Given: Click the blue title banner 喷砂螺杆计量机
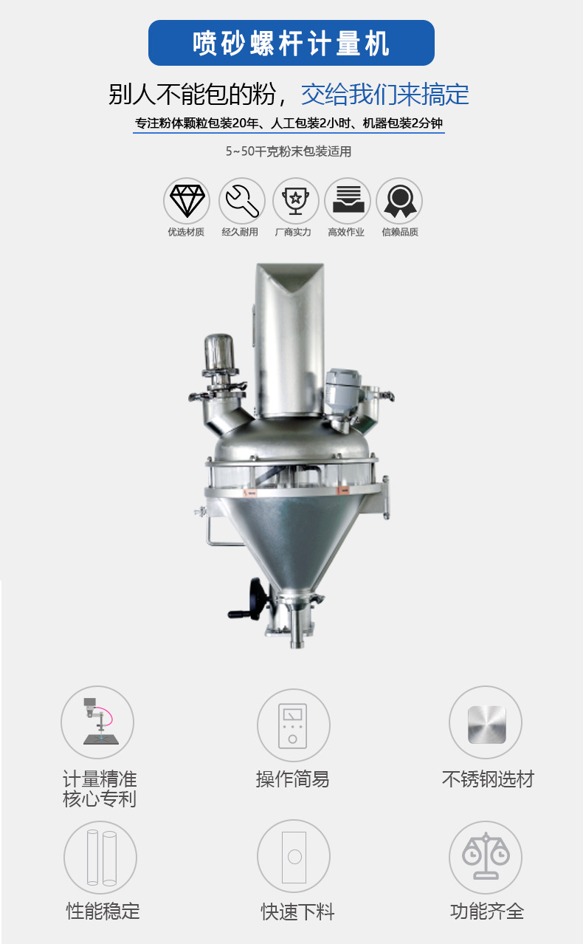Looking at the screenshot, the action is pos(291,43).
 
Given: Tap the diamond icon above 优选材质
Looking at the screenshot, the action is pos(187,201).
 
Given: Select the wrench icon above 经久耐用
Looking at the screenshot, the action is pos(242,201).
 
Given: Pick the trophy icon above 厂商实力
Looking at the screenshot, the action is pos(295,201).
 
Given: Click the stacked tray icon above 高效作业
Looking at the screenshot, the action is pos(348,201).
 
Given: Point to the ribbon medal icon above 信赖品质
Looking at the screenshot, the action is pos(399,201).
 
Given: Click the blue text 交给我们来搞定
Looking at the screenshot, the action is pos(385,94).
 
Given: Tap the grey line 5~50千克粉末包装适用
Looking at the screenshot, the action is pos(289,151).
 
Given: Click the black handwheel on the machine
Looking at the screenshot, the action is pos(252,599).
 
